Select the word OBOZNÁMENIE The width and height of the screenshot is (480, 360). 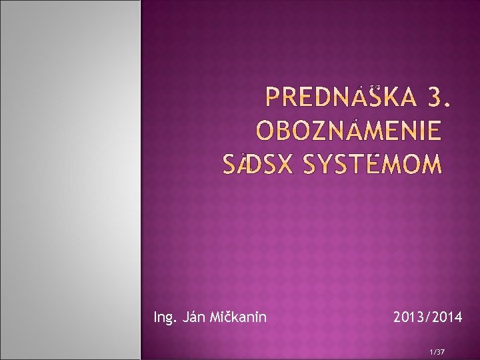pyautogui.click(x=349, y=131)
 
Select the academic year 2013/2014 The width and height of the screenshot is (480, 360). pyautogui.click(x=427, y=317)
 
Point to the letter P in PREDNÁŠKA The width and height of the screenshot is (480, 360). pyautogui.click(x=273, y=99)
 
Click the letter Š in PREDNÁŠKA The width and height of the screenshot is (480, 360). pyautogui.click(x=374, y=99)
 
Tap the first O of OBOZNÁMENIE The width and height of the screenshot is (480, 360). pyautogui.click(x=266, y=131)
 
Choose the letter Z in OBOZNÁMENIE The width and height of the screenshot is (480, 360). pyautogui.click(x=317, y=131)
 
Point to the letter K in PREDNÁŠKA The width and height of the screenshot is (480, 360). pyautogui.click(x=392, y=99)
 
